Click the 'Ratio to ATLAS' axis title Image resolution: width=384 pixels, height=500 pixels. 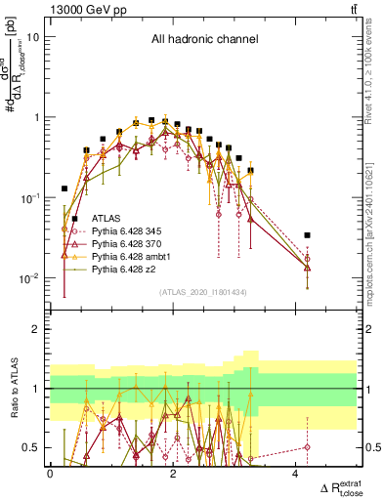13,389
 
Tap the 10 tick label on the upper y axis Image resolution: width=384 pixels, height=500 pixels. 34,37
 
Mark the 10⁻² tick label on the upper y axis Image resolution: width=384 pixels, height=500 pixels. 32,278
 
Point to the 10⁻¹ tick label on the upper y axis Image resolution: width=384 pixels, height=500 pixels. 32,198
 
